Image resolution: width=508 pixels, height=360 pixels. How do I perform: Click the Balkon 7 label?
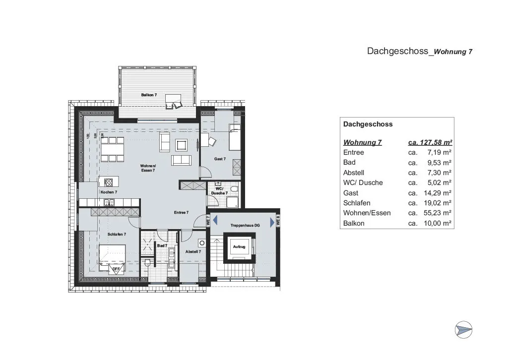click(149, 94)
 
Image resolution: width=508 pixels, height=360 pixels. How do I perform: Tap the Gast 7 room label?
click(220, 159)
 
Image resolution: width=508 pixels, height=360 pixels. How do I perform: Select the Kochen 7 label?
click(109, 192)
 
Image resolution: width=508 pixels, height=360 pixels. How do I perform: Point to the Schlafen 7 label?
click(117, 234)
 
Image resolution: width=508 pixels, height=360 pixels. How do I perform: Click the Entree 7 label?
click(181, 212)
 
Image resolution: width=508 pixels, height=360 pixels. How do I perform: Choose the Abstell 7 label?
click(193, 252)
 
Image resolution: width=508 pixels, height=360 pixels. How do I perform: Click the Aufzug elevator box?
click(239, 247)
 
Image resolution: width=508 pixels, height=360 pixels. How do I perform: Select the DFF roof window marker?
click(116, 269)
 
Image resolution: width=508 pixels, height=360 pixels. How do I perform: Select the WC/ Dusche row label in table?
click(363, 182)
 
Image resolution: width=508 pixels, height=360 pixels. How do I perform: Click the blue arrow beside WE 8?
click(272, 222)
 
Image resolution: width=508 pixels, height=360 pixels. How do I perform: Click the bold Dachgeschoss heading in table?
click(368, 124)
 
